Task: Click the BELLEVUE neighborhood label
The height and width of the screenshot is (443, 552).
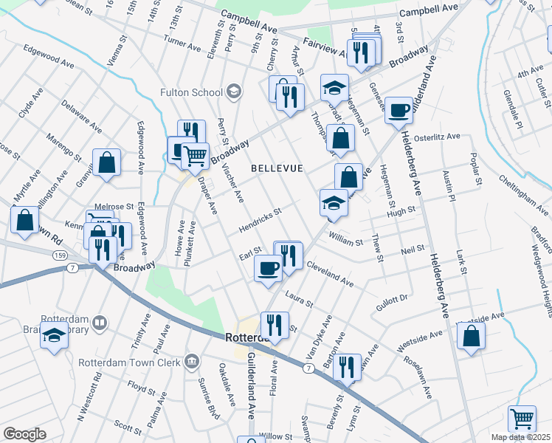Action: tap(277, 168)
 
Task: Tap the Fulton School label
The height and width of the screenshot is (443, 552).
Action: tap(192, 92)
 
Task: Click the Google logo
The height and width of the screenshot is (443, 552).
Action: tap(24, 434)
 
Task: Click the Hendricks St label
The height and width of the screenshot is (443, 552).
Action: tap(260, 221)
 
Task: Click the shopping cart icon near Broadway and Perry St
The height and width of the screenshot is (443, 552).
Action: tap(194, 155)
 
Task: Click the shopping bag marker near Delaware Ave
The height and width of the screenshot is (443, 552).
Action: tap(106, 163)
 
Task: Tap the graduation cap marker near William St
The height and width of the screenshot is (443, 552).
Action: tap(334, 203)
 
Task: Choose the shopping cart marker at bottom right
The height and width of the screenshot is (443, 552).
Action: tap(522, 419)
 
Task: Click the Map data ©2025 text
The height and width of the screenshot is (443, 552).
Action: tap(520, 437)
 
